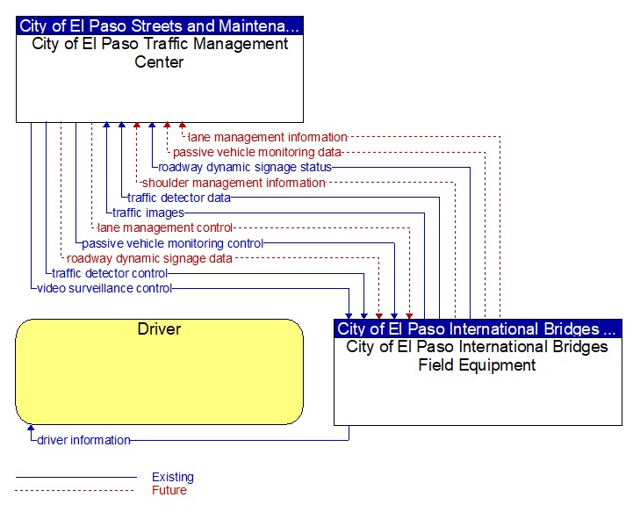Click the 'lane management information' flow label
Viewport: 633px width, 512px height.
click(x=268, y=137)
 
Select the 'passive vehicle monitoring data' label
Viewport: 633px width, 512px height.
click(x=257, y=152)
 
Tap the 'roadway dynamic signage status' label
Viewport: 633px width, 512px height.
click(x=245, y=167)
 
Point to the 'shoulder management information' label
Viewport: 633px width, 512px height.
click(x=234, y=183)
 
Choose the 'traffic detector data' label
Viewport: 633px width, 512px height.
click(x=179, y=198)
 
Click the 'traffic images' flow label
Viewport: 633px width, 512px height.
click(x=148, y=213)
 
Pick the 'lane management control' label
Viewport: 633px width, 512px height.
click(x=165, y=227)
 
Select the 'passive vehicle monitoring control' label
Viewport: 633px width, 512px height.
click(x=173, y=243)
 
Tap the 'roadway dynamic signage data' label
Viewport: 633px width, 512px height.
click(x=149, y=258)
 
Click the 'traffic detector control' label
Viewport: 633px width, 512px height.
click(x=110, y=273)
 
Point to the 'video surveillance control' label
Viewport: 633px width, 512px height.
click(x=104, y=288)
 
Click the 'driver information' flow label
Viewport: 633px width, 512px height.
click(x=83, y=440)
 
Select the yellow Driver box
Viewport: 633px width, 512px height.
click(x=159, y=371)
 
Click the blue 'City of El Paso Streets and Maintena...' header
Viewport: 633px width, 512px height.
click(x=160, y=25)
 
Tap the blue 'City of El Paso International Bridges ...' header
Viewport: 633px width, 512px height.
click(x=478, y=328)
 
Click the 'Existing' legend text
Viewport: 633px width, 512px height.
click(x=173, y=477)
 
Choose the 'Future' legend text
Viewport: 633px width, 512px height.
click(x=169, y=490)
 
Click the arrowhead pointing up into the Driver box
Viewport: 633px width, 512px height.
click(x=31, y=427)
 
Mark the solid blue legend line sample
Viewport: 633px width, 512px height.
click(x=76, y=477)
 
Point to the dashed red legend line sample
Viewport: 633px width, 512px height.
click(x=75, y=491)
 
